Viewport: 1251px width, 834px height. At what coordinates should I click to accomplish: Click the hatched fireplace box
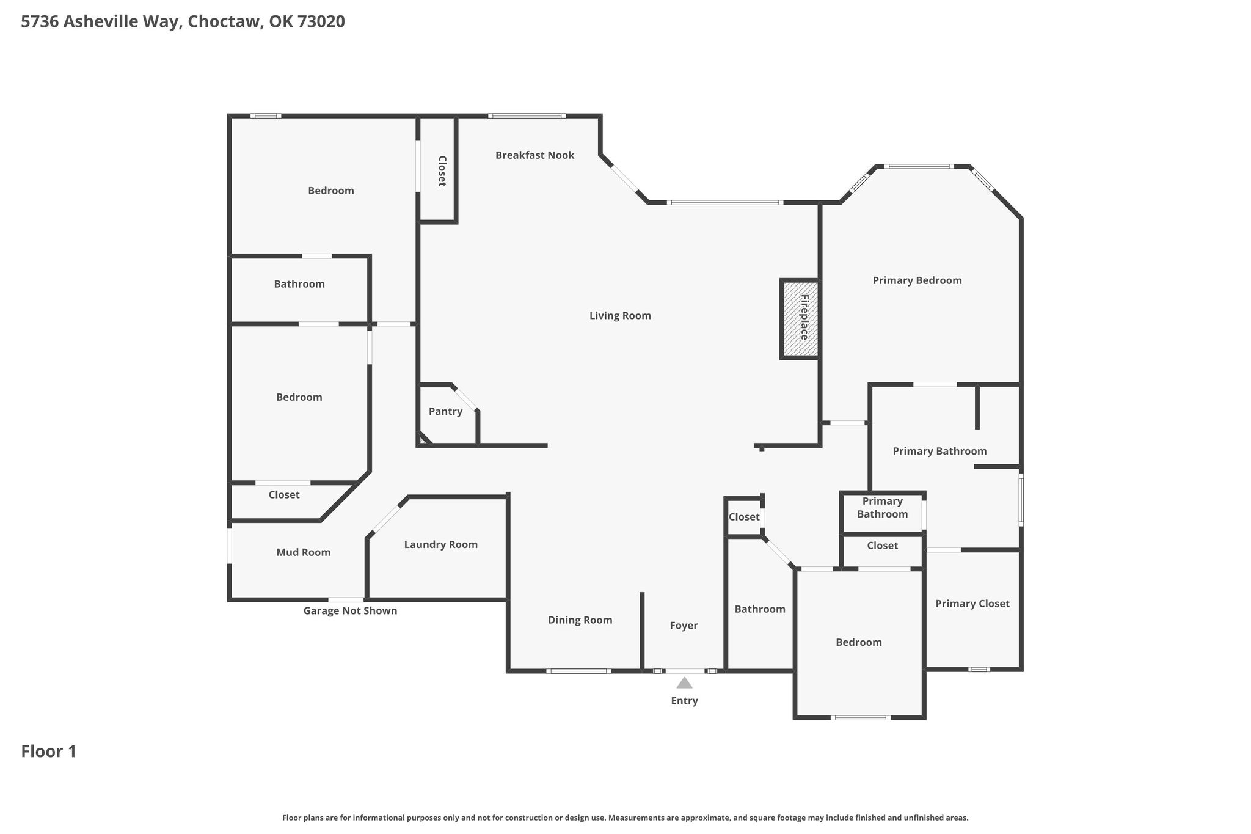[x=800, y=318]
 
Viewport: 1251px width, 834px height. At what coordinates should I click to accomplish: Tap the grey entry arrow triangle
[x=684, y=682]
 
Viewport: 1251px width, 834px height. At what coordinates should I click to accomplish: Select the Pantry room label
[x=445, y=411]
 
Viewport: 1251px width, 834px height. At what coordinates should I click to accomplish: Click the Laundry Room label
[x=440, y=544]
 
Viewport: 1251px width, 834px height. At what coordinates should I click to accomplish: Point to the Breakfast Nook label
[x=534, y=155]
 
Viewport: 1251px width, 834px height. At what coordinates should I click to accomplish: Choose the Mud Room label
[x=303, y=552]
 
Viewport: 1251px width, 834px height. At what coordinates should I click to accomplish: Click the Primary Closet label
[x=972, y=604]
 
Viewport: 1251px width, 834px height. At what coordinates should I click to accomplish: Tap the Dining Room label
[x=580, y=620]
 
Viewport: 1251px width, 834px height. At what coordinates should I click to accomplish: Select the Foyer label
[x=684, y=626]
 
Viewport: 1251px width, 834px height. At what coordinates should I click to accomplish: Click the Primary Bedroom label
[x=917, y=280]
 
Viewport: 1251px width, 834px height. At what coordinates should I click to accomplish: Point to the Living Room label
[x=620, y=316]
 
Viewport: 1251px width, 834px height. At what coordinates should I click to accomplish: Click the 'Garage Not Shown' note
[x=350, y=611]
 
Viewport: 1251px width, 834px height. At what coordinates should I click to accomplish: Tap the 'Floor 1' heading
[x=49, y=752]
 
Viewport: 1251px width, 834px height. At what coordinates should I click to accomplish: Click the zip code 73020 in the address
[x=321, y=22]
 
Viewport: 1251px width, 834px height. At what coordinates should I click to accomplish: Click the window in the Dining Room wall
[x=578, y=671]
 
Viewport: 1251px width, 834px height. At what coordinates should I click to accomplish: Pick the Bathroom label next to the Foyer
[x=760, y=609]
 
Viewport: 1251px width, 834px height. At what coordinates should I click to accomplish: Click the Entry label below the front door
[x=684, y=701]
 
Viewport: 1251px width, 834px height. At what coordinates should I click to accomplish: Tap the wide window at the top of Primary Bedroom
[x=919, y=166]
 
